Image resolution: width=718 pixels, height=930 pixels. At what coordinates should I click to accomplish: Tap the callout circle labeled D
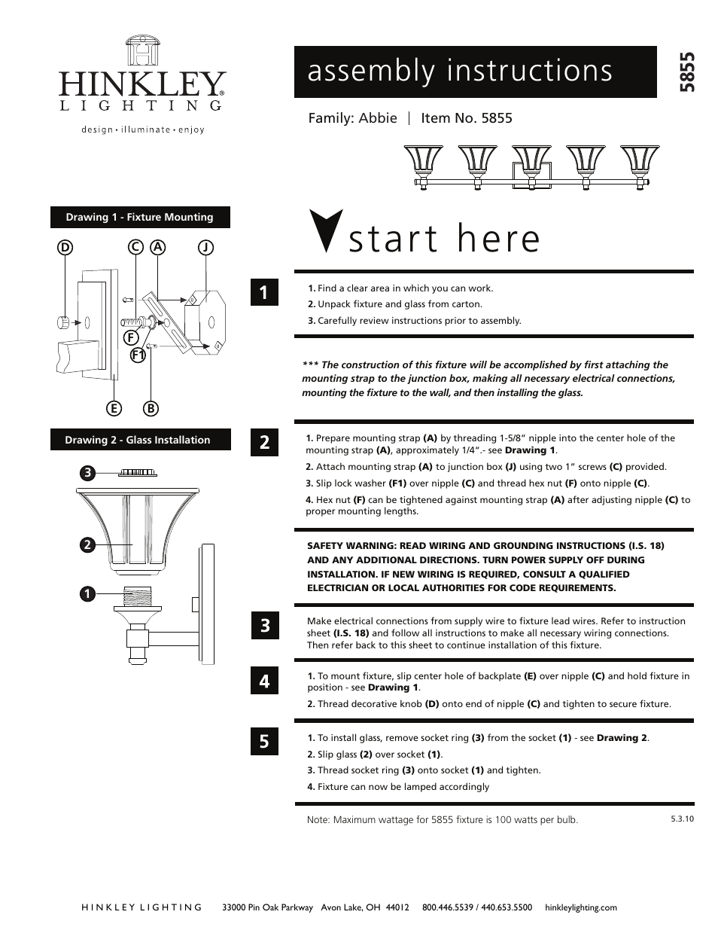point(65,247)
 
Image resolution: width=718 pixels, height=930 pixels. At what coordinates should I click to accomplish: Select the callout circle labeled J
point(205,247)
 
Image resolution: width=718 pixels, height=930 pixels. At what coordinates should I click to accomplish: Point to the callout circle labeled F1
point(138,355)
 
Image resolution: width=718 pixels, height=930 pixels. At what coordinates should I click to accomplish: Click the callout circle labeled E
point(114,408)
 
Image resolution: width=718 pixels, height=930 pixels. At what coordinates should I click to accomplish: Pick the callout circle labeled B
point(151,408)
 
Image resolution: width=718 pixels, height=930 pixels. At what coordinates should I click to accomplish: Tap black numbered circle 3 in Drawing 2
point(88,473)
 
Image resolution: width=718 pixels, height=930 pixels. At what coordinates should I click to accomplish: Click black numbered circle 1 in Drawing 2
point(88,594)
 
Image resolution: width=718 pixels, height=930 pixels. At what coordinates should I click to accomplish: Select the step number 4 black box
point(264,681)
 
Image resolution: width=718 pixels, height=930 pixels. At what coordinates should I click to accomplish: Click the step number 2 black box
point(264,442)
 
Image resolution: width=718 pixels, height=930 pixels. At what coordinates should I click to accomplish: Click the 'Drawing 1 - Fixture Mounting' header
point(140,217)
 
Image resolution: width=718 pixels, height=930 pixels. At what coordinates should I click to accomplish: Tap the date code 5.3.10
point(682,818)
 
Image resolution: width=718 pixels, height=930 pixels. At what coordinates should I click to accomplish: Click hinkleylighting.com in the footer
point(580,907)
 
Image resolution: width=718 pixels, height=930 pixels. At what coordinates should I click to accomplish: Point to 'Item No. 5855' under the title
point(467,117)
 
